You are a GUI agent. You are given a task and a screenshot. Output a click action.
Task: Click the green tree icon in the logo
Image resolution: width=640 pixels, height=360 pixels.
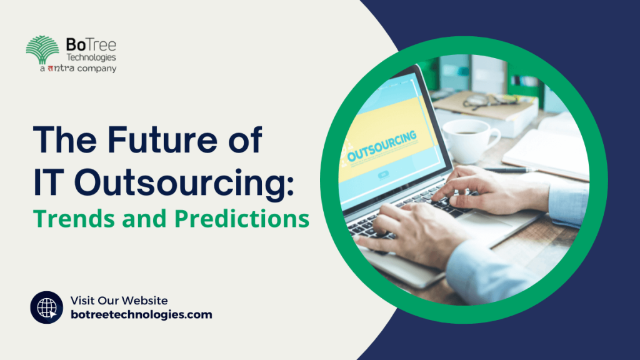pyautogui.click(x=42, y=49)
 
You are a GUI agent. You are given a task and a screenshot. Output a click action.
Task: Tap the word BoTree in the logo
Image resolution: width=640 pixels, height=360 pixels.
pyautogui.click(x=91, y=44)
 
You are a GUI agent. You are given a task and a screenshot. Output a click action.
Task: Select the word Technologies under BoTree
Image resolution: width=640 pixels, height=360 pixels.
pyautogui.click(x=91, y=57)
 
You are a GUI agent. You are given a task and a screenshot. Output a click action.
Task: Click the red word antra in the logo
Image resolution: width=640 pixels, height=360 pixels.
pyautogui.click(x=61, y=68)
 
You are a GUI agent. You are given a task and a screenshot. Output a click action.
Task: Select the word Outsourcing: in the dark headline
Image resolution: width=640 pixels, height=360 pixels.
pyautogui.click(x=184, y=185)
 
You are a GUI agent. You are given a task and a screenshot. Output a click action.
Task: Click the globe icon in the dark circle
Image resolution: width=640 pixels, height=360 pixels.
pyautogui.click(x=47, y=307)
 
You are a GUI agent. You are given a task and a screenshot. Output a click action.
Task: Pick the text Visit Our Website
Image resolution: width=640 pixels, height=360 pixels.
pyautogui.click(x=119, y=301)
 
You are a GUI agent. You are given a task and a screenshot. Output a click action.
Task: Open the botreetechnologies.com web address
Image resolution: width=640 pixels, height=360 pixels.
pyautogui.click(x=141, y=315)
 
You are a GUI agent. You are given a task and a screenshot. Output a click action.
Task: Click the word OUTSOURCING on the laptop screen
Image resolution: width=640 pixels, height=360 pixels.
pyautogui.click(x=382, y=146)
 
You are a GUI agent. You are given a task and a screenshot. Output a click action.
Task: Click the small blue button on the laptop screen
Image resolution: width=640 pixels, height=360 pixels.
pyautogui.click(x=383, y=175)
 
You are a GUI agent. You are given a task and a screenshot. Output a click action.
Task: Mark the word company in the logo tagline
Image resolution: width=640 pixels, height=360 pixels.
pyautogui.click(x=97, y=69)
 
